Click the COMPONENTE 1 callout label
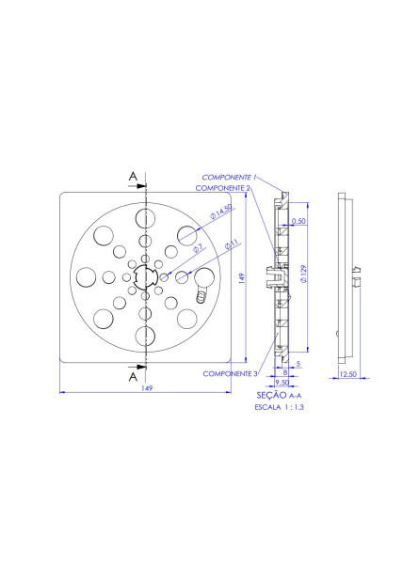228,177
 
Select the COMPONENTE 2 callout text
222,188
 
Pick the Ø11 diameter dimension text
232,244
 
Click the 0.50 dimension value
299,222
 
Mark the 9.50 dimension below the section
282,384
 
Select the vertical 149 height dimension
243,277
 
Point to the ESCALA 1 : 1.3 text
281,409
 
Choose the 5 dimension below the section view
298,362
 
